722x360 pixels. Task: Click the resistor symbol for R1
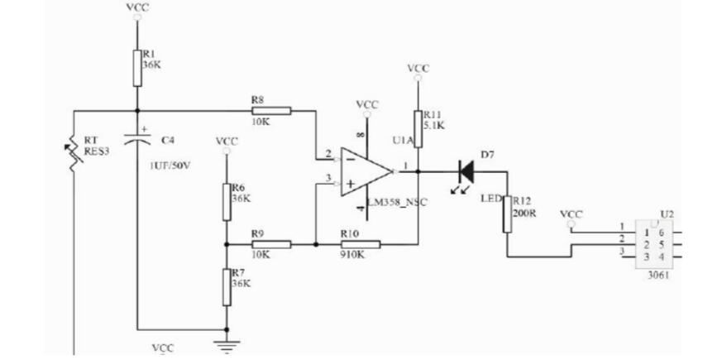137,66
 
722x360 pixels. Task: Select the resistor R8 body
272,109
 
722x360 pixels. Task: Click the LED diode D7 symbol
466,171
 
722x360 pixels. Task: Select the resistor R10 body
361,244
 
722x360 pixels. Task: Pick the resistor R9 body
272,244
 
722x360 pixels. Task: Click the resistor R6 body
226,201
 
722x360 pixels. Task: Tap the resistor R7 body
226,286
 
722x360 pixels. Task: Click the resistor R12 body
506,214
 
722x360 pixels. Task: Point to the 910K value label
353,256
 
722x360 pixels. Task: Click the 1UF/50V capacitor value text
170,166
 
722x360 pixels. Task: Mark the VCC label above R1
138,7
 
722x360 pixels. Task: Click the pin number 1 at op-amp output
404,165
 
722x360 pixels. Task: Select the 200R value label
524,211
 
